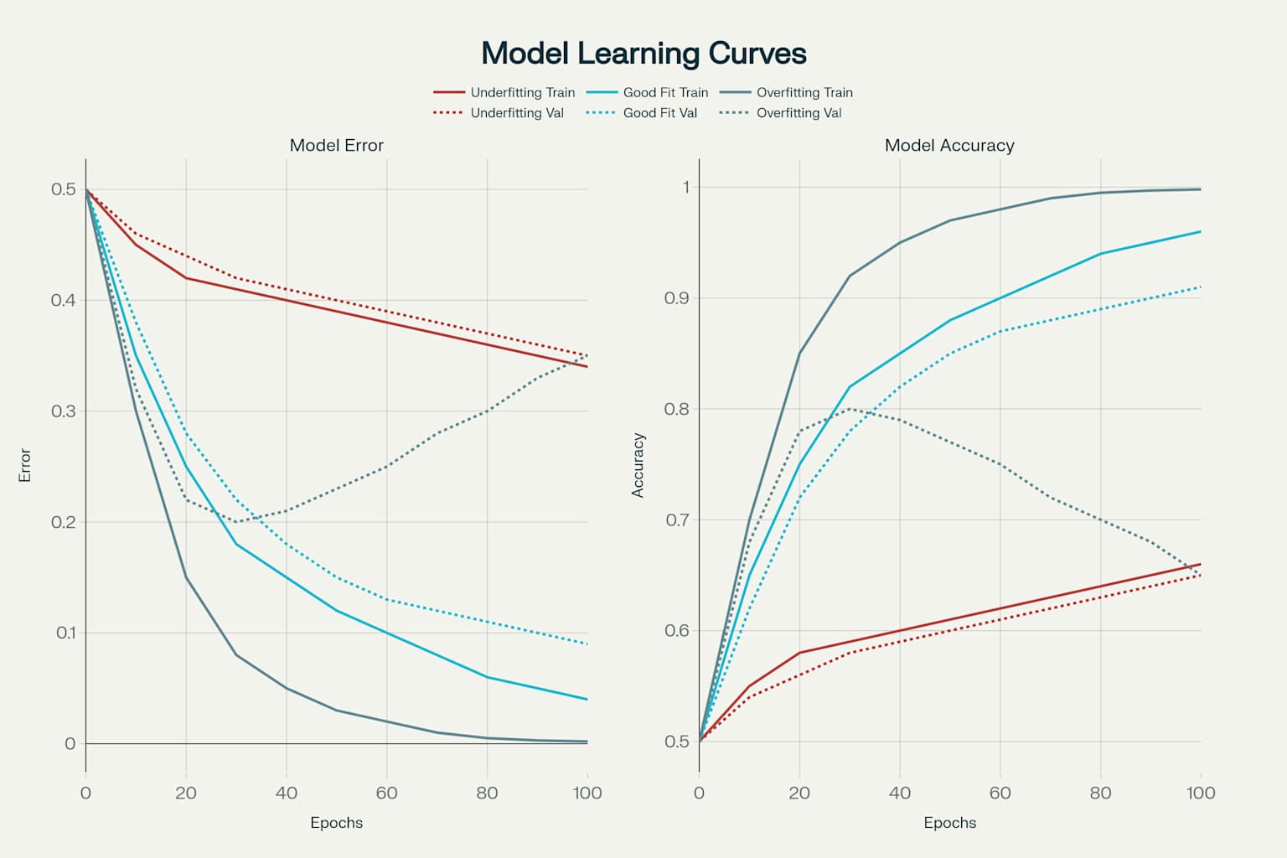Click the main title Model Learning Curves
click(x=643, y=54)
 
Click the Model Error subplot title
click(x=337, y=145)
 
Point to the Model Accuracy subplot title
click(x=949, y=145)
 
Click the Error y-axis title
click(x=25, y=466)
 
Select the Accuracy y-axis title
click(x=638, y=466)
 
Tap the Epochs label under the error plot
click(x=337, y=822)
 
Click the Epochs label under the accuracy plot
click(x=949, y=822)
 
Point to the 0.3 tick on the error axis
click(x=64, y=411)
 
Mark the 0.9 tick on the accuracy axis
click(x=677, y=298)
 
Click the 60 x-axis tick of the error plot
click(x=386, y=793)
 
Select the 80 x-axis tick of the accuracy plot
click(x=1100, y=793)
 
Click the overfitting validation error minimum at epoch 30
click(x=236, y=522)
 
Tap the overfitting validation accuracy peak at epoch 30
click(x=850, y=409)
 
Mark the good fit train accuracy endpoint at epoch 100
click(x=1201, y=231)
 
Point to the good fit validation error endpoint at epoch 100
click(x=587, y=643)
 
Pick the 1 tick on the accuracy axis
click(x=686, y=187)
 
